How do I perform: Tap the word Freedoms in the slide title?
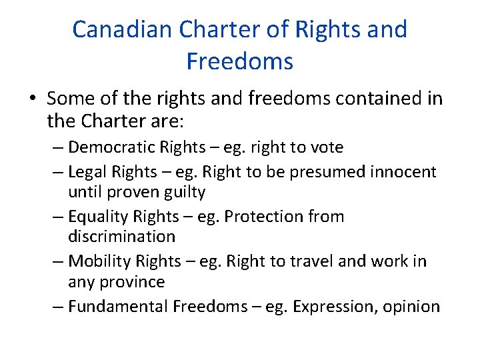point(239,61)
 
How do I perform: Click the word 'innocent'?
point(403,172)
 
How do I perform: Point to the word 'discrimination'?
point(121,236)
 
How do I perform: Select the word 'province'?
point(132,281)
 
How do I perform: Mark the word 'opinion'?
point(411,307)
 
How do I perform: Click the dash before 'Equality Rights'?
point(57,217)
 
